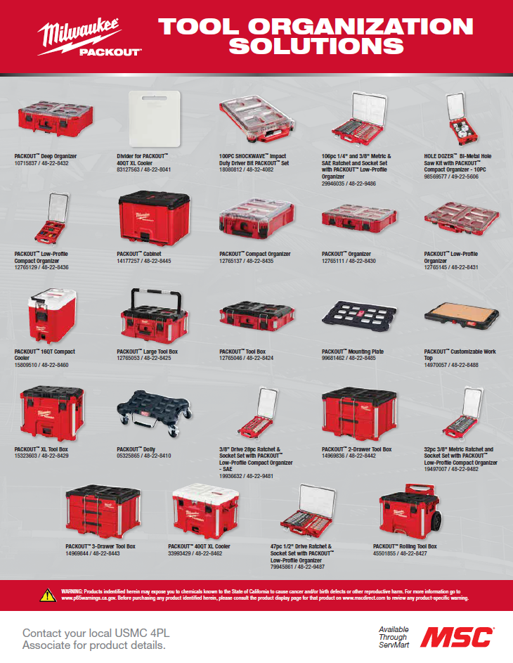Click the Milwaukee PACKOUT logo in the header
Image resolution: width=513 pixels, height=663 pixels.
[x=89, y=39]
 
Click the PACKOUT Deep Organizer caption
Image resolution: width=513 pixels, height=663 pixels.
[x=46, y=155]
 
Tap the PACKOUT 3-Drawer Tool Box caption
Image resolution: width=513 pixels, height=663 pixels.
[x=100, y=546]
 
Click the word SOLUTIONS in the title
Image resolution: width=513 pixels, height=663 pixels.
[x=316, y=46]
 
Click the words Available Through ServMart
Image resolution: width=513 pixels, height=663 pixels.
[x=394, y=636]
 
